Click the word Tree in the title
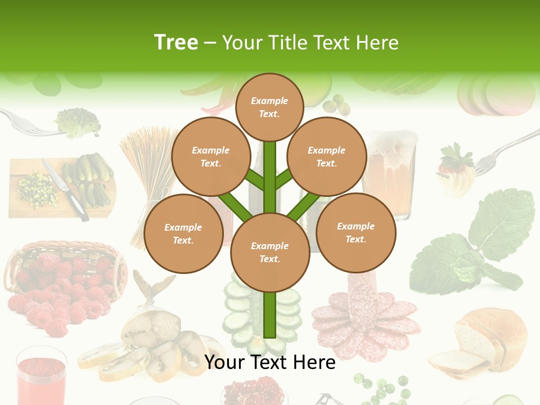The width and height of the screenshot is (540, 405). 176,43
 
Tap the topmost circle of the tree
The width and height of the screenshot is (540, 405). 269,107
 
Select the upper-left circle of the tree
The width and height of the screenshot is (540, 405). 210,156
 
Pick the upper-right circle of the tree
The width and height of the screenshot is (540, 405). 326,156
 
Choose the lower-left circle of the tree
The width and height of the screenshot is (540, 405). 183,233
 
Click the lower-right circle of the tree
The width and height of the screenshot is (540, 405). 355,232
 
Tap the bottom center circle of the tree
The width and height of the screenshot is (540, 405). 269,253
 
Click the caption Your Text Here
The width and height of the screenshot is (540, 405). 269,362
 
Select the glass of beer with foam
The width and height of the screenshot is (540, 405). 389,169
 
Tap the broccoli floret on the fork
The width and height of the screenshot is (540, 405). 78,122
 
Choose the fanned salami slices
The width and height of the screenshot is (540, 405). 366,321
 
